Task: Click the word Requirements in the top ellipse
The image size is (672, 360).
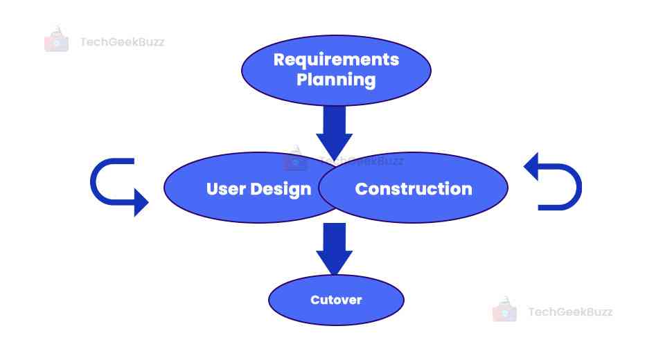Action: point(336,60)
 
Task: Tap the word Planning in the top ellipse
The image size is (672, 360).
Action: point(336,80)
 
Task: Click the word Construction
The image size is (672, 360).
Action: point(414,189)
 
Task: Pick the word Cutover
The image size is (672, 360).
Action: point(336,300)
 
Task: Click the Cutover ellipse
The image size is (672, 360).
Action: point(336,300)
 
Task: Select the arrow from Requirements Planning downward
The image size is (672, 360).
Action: point(335,134)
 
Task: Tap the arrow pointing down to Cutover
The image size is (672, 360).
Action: point(335,249)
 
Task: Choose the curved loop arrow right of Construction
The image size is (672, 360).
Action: point(552,181)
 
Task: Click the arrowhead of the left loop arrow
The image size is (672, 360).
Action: point(141,202)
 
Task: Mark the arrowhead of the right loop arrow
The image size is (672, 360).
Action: point(531,167)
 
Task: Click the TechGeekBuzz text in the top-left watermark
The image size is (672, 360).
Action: point(122,42)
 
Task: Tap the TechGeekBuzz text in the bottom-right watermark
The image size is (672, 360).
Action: point(570,312)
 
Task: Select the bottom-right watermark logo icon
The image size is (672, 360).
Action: point(504,309)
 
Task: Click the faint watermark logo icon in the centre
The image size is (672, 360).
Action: point(295,159)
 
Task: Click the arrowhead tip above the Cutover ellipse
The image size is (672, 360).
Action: point(335,275)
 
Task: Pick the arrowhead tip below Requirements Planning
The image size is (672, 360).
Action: point(335,161)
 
